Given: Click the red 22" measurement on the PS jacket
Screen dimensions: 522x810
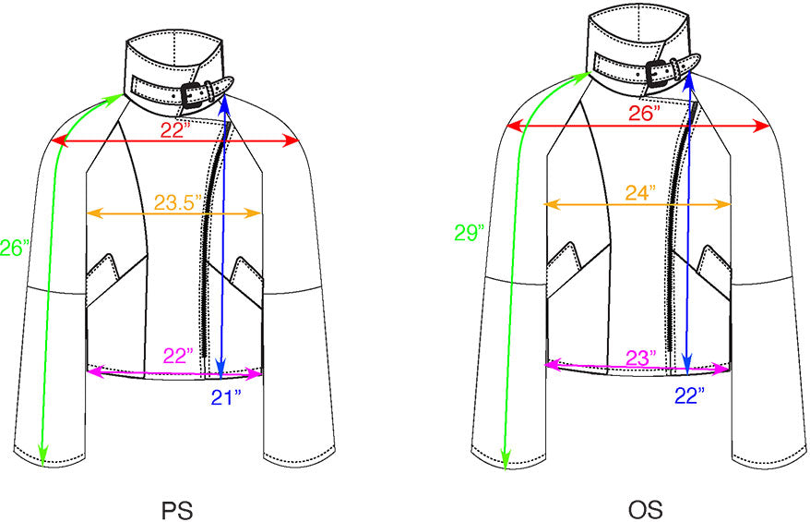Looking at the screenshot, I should coord(175,130).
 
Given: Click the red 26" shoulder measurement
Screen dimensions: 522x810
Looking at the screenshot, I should coord(643,114).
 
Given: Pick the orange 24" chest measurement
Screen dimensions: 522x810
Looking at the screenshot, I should coord(639,193).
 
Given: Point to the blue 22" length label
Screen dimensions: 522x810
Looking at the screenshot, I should coord(688,395).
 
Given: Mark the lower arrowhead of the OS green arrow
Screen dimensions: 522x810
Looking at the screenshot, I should coord(505,458).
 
